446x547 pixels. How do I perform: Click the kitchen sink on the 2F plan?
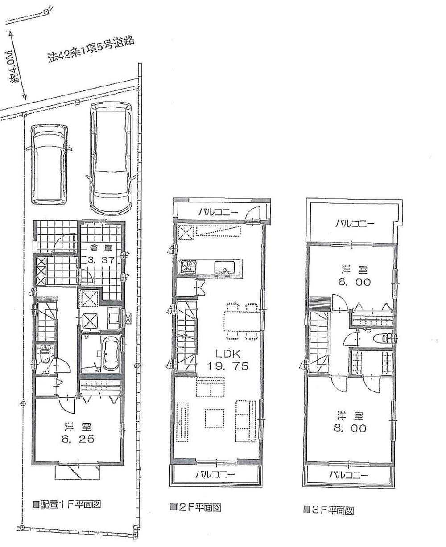point(223,267)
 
